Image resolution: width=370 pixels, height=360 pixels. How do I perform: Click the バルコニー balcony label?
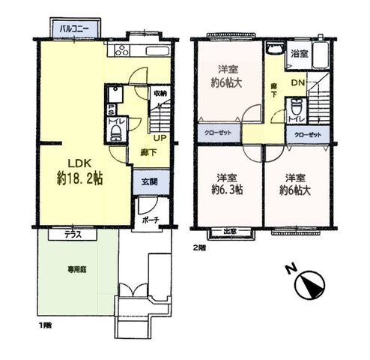tap(74, 29)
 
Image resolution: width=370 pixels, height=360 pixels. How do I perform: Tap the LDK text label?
tap(80, 163)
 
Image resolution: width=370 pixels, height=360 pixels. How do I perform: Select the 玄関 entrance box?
tap(151, 182)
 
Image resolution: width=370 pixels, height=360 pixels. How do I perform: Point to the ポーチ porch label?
tap(151, 220)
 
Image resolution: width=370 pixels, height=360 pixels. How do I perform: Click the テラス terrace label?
tap(73, 235)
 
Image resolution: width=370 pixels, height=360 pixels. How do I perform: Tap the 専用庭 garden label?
tap(77, 269)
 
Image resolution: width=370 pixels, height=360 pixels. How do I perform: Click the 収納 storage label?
tap(160, 94)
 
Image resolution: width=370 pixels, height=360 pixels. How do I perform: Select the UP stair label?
tap(160, 138)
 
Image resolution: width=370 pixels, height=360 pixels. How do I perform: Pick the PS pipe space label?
tap(111, 109)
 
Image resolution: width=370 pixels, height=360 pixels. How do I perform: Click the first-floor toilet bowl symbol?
tap(115, 133)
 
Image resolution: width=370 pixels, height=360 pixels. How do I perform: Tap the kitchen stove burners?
tap(121, 50)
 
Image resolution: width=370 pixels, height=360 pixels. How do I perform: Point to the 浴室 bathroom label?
tap(300, 53)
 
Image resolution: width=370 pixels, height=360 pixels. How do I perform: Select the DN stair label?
tap(298, 82)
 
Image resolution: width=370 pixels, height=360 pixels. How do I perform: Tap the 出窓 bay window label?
tap(230, 232)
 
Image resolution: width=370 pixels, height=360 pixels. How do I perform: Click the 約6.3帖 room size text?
tap(227, 190)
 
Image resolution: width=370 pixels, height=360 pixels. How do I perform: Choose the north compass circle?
tap(309, 285)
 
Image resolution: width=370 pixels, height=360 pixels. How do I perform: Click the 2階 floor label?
tap(200, 248)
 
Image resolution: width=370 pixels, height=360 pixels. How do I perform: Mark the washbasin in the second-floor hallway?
tap(275, 48)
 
